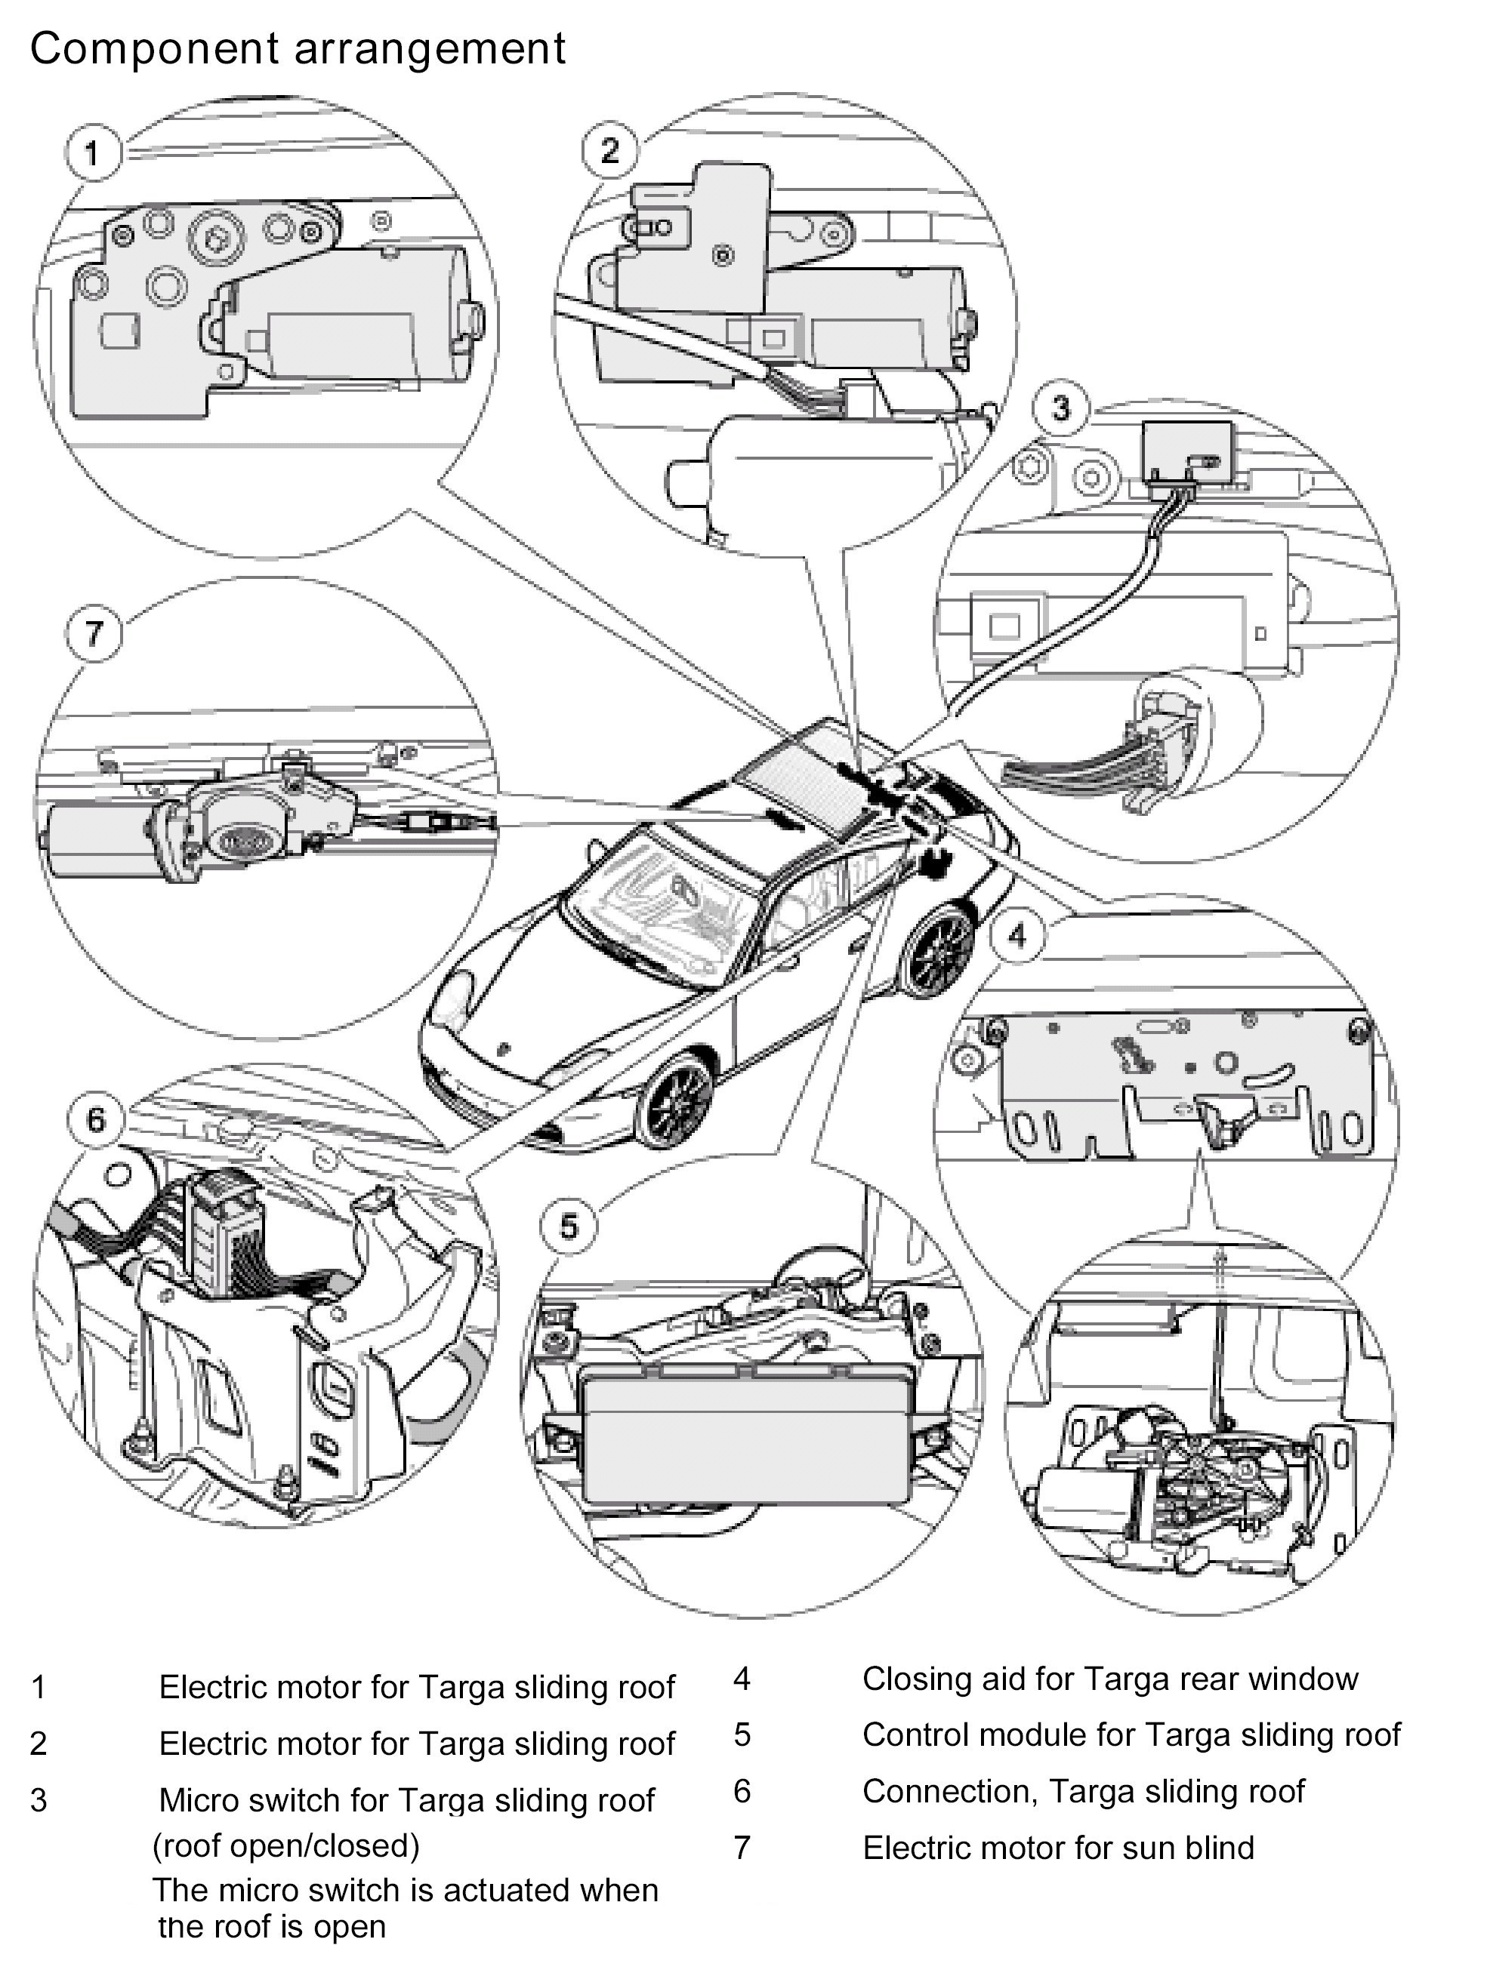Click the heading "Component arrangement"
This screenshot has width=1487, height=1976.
click(x=298, y=48)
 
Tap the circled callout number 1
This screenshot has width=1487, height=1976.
click(x=93, y=152)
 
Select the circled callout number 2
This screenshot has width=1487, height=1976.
click(x=610, y=150)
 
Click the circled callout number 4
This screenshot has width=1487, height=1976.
click(x=1017, y=935)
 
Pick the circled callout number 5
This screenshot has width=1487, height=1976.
click(x=569, y=1226)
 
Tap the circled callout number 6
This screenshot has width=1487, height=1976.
click(x=96, y=1119)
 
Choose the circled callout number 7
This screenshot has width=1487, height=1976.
click(x=94, y=633)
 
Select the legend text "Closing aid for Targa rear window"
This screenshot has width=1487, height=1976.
click(x=1110, y=1679)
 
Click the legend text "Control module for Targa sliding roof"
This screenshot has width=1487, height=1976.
click(x=1131, y=1734)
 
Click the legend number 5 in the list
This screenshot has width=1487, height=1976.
click(x=742, y=1734)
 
